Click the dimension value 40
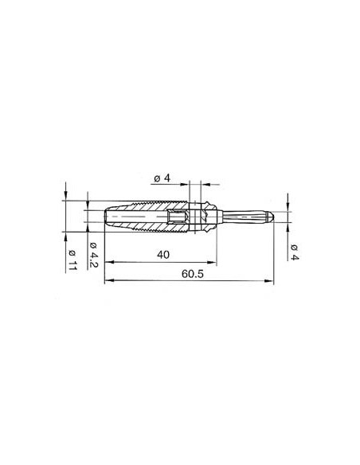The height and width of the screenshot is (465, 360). [163, 254]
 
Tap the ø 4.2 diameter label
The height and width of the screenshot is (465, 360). [92, 255]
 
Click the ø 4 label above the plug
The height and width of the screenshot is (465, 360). [162, 178]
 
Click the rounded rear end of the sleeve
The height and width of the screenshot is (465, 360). [106, 216]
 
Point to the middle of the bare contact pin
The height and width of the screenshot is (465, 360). [243, 216]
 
